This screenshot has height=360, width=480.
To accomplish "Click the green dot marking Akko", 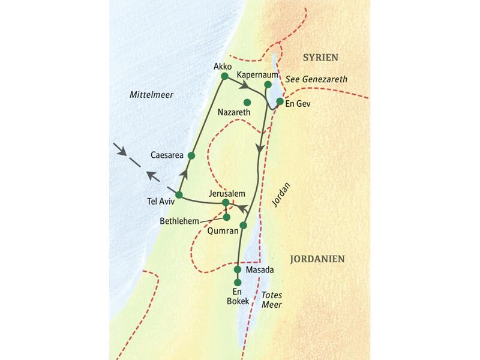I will [x=224, y=76].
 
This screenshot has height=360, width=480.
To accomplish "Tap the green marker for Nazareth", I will [x=247, y=102].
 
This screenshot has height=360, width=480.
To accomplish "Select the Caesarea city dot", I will [x=191, y=155].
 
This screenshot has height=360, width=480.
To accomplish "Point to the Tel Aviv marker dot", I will [x=179, y=194].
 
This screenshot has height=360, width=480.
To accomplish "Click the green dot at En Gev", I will [x=280, y=101].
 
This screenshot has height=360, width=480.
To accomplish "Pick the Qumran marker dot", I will [x=243, y=226].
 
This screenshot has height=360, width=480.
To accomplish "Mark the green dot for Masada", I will [x=238, y=269].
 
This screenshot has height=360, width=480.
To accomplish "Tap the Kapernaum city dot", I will [x=268, y=85].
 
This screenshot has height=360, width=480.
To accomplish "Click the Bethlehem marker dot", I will [x=227, y=217].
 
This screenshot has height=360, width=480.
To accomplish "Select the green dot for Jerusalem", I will [x=226, y=203].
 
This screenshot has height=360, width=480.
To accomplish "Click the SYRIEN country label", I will [x=320, y=58].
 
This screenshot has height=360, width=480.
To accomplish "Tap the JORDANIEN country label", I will [x=316, y=259].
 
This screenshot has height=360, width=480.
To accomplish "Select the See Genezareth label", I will [x=317, y=79].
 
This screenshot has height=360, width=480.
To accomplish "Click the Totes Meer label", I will [x=272, y=300].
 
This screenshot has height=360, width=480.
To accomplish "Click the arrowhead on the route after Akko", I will [x=246, y=87].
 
